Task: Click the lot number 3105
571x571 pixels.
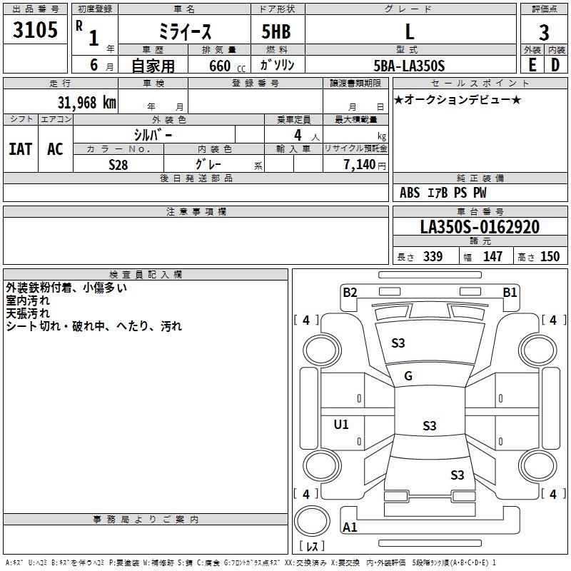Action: tap(35, 29)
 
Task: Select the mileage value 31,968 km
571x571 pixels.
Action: tap(87, 103)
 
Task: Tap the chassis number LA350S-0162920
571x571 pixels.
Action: tap(480, 227)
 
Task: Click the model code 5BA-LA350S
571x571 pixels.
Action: tap(409, 66)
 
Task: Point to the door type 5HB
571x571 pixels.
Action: tap(276, 31)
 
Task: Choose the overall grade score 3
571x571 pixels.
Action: tap(544, 33)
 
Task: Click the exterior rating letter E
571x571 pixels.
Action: tap(532, 65)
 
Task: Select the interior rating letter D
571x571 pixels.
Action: tap(555, 65)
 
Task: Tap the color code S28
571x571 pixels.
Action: tap(118, 165)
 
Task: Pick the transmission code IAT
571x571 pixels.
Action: tap(21, 149)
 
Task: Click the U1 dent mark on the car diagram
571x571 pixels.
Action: tap(341, 424)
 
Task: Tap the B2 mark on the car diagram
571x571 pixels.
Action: tap(350, 293)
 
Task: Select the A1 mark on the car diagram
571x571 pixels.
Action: tap(350, 527)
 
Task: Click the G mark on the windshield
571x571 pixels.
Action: tap(408, 376)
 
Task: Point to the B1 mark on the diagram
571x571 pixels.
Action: tap(510, 293)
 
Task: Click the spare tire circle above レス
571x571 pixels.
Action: tap(312, 521)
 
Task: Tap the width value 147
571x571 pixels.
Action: tap(492, 256)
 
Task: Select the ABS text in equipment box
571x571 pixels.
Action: tap(410, 193)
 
